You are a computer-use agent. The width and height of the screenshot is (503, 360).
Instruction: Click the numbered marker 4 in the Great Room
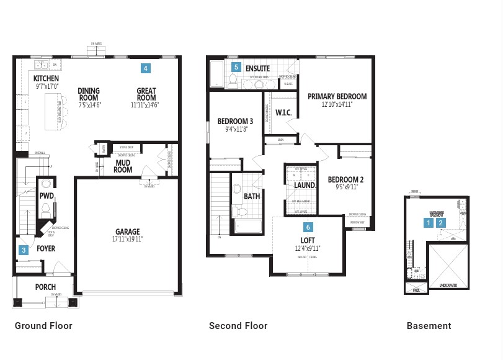[145, 68]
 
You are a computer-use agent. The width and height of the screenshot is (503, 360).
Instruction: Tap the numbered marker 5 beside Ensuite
[236, 66]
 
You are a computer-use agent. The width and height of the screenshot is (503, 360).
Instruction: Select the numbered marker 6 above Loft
[308, 227]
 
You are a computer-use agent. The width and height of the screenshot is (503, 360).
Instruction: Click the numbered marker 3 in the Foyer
[24, 250]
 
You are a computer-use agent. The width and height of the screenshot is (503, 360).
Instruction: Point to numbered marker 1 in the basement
[428, 222]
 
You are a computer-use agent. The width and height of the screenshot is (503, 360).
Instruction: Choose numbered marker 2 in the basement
[441, 222]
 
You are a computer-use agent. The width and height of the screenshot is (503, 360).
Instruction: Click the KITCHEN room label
[46, 79]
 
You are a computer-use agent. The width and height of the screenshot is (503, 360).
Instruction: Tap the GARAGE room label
[127, 232]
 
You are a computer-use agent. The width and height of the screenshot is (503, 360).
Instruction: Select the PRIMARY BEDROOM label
[337, 96]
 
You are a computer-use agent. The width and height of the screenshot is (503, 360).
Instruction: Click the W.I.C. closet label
[283, 113]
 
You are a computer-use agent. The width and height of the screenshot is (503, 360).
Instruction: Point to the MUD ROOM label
[123, 166]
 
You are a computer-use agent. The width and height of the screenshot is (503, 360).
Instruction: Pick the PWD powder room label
[47, 196]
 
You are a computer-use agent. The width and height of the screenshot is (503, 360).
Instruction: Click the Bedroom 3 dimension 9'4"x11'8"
[236, 129]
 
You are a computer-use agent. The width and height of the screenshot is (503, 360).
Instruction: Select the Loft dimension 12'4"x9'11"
[308, 248]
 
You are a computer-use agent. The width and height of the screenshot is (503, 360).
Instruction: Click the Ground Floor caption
[43, 326]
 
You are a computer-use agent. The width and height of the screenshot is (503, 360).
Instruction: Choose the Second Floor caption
[238, 326]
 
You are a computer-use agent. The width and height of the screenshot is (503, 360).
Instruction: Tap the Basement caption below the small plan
[429, 326]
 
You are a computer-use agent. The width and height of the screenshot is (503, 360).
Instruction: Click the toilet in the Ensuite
[234, 81]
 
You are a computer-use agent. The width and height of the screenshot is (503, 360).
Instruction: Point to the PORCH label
[45, 287]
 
